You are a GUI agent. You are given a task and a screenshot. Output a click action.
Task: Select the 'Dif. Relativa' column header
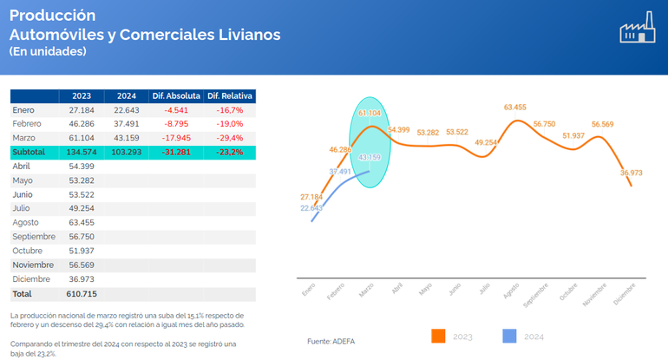230,96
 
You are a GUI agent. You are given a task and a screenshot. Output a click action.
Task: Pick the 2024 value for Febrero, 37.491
126,124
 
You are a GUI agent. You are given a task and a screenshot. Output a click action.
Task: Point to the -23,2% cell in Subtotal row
230,152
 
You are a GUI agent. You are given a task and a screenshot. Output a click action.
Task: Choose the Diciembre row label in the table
33,278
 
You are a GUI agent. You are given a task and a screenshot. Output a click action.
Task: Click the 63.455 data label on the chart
514,108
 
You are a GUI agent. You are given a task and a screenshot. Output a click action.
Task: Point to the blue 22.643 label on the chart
311,208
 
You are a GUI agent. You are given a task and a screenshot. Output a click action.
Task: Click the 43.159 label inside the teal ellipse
369,157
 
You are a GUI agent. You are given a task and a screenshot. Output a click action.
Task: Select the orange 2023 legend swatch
438,336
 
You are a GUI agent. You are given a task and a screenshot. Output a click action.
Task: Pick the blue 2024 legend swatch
510,336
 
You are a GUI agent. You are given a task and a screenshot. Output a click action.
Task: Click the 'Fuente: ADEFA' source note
331,341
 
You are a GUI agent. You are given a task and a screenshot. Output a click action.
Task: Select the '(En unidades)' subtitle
48,52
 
